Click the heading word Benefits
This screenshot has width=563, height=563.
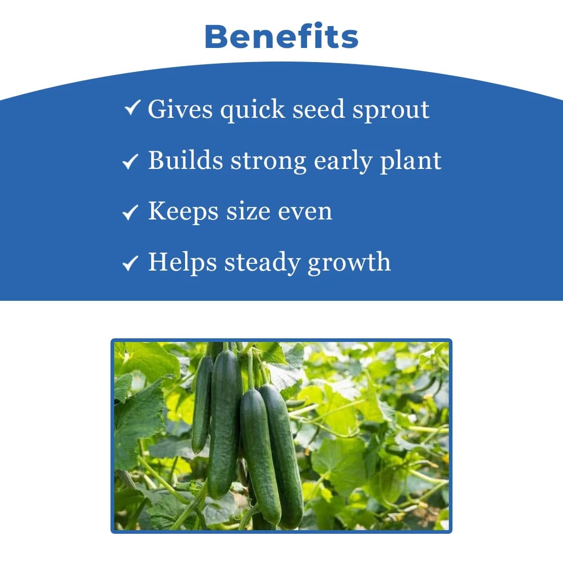281,36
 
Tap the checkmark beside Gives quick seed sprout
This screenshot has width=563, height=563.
132,108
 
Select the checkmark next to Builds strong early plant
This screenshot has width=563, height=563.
130,162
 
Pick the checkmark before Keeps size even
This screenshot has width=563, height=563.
130,212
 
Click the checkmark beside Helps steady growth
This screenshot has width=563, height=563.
130,263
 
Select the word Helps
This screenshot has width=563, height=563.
182,262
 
